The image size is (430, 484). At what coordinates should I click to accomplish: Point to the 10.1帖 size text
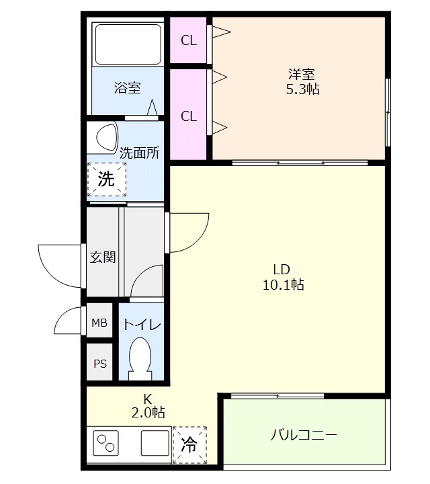click(282, 285)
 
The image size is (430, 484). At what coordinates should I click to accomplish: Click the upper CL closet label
click(189, 40)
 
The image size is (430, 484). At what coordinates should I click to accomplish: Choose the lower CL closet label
click(189, 116)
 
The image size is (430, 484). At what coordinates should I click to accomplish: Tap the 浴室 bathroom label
click(127, 87)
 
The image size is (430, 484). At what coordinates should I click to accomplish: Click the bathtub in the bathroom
click(127, 44)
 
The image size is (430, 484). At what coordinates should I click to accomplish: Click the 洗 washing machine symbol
click(106, 179)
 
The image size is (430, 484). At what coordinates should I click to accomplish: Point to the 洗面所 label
click(139, 153)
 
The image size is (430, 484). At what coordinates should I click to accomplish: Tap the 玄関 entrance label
click(103, 257)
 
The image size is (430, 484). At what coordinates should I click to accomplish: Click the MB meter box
click(99, 323)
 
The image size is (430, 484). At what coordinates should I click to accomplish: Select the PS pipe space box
click(99, 364)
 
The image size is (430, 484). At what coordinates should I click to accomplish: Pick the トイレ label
click(141, 325)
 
